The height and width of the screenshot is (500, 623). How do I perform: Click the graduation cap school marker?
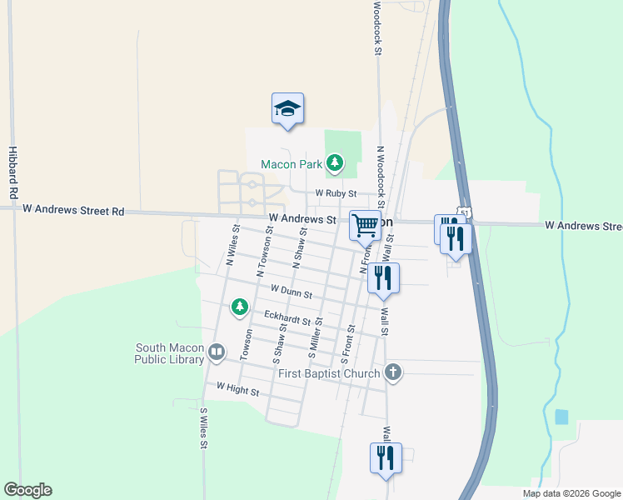tap(287, 109)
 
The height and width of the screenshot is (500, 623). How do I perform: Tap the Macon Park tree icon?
tap(335, 162)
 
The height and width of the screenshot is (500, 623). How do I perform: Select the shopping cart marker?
tap(365, 225)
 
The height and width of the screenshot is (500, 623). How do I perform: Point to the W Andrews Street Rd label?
tap(73, 212)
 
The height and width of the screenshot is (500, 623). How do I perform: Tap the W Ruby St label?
tap(336, 193)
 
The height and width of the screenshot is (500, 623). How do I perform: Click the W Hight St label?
tap(238, 388)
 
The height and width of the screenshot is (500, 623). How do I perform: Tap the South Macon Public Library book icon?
tap(217, 352)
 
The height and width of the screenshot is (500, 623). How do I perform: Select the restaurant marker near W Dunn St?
tap(383, 279)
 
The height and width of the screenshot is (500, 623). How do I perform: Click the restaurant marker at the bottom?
tap(386, 457)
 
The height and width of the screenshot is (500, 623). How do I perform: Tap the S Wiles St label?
tap(203, 428)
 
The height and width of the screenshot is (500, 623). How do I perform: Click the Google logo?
tap(27, 490)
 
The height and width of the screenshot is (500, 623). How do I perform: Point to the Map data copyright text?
tap(571, 493)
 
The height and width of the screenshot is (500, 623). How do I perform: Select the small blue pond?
tap(561, 417)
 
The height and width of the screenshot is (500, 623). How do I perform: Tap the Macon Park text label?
tap(292, 164)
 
